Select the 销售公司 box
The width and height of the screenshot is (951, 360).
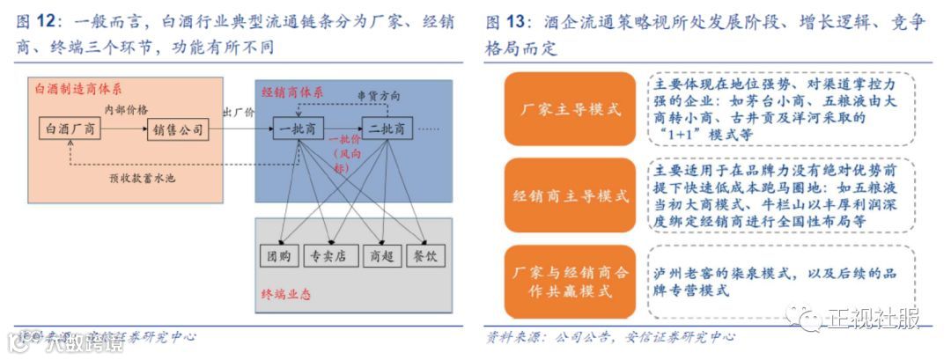[179, 130]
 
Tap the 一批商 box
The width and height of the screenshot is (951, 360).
[299, 129]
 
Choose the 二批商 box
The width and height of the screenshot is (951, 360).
[387, 129]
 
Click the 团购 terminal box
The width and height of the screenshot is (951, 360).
[279, 256]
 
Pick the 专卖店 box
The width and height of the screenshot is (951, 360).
[329, 256]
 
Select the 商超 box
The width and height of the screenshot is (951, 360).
[380, 256]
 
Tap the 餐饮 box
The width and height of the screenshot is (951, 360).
[431, 256]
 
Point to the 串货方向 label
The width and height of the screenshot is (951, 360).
[378, 95]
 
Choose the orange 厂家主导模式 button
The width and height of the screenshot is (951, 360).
[571, 110]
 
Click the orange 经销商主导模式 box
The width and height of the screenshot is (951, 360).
[571, 196]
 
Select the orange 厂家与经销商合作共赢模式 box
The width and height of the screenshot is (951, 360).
[571, 283]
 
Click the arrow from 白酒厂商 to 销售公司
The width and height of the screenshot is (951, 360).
[126, 130]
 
